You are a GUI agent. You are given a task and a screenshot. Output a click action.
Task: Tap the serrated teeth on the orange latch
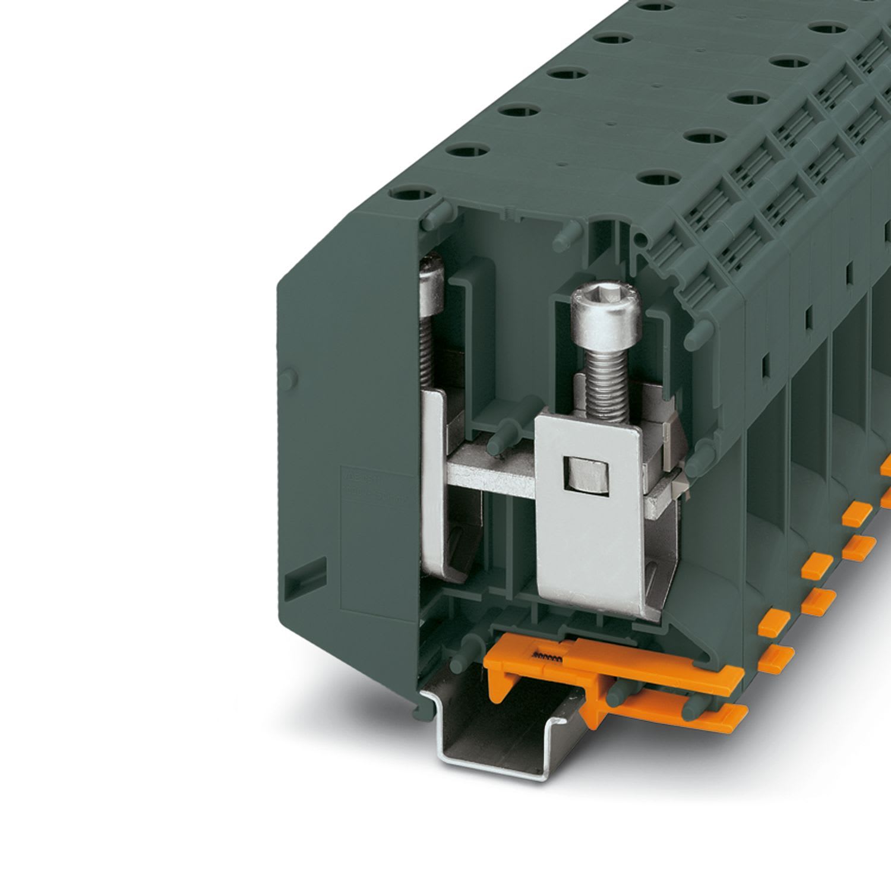[x=549, y=655]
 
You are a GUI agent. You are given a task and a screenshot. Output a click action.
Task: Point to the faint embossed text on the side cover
[x=368, y=484]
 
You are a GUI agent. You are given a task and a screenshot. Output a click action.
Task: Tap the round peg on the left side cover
[x=290, y=377]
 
